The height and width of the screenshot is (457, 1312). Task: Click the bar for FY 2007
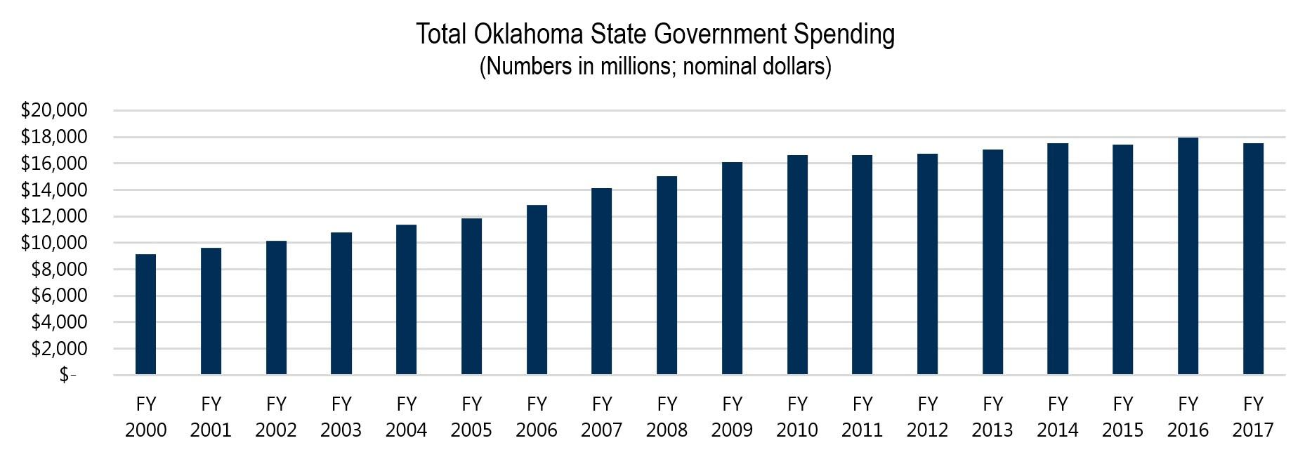601,282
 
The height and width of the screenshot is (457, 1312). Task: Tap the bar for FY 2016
1188,256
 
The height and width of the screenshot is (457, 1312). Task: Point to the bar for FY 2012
927,264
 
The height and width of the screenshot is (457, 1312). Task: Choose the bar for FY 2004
406,300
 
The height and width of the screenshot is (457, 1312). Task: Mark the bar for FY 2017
1253,259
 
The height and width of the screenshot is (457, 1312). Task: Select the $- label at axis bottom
67,376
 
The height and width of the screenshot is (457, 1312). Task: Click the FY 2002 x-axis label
276,417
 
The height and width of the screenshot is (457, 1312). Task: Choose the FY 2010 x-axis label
797,417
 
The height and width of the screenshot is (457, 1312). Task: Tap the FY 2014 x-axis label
1058,417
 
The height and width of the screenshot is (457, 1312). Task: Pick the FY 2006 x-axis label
537,417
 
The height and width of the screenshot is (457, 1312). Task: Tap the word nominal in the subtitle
717,67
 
